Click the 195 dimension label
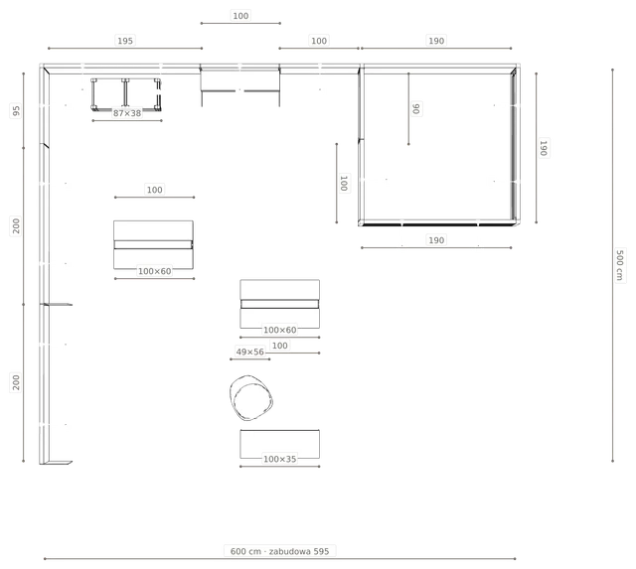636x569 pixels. [x=125, y=41]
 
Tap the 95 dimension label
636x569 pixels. [x=16, y=110]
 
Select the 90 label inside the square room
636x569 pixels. [x=416, y=108]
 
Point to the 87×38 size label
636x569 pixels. [x=127, y=113]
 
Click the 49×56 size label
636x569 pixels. [x=249, y=352]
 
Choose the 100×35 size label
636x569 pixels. [x=280, y=459]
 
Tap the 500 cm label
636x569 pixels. [x=619, y=265]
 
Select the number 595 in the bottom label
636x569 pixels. [x=321, y=551]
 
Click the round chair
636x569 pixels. [x=250, y=397]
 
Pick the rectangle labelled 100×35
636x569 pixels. [x=280, y=444]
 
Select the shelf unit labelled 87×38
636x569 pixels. [x=126, y=95]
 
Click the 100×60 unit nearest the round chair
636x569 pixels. [x=280, y=304]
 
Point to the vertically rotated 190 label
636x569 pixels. [x=544, y=148]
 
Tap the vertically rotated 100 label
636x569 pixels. [x=344, y=183]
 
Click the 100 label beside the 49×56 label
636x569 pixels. [x=280, y=346]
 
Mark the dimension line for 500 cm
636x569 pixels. [x=612, y=265]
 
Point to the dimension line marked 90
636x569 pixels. [x=408, y=108]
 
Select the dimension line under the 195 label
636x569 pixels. [x=125, y=49]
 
